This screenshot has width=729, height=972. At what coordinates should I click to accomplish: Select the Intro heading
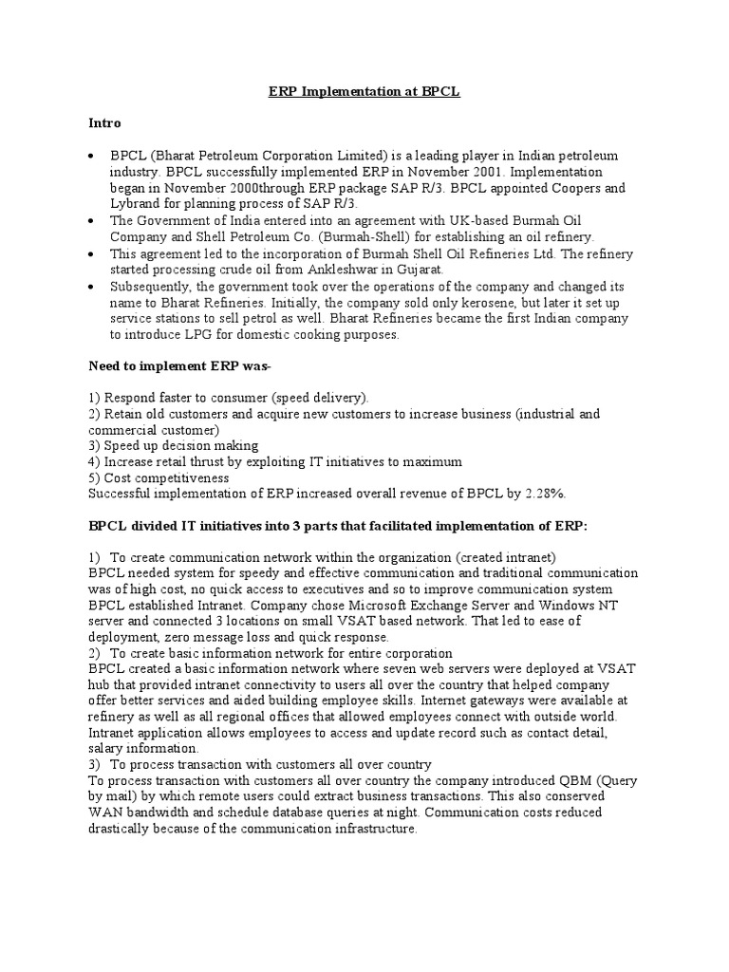click(104, 123)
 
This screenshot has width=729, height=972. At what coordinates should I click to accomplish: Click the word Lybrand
click(137, 204)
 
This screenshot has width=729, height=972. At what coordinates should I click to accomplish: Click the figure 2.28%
click(543, 494)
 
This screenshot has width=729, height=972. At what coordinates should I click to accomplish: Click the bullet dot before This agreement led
click(90, 254)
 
